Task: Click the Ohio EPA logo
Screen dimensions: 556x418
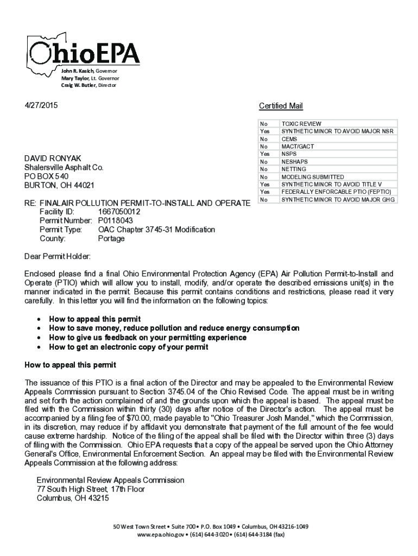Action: (x=85, y=53)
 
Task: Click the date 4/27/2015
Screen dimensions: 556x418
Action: (x=40, y=105)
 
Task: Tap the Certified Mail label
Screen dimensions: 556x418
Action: (x=281, y=106)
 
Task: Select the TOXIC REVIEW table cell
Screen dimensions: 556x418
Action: (x=301, y=124)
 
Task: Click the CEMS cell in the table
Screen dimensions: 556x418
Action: (x=289, y=139)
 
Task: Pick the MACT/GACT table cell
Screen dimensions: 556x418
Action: (x=297, y=147)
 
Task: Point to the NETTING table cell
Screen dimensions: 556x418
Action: (x=294, y=169)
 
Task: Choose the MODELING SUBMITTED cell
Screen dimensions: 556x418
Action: (x=312, y=177)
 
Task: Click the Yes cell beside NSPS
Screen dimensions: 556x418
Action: (x=264, y=154)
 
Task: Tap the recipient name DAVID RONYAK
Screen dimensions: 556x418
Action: (x=53, y=158)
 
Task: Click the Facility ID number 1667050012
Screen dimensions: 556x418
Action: (x=119, y=211)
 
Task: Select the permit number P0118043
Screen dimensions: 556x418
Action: (x=115, y=220)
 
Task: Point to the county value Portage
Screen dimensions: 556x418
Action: (x=111, y=238)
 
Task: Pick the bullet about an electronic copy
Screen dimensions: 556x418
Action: (x=129, y=346)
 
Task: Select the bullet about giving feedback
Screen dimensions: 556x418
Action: (x=148, y=337)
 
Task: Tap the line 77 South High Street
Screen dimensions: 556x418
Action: (x=91, y=489)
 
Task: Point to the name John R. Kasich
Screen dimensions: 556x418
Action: (x=77, y=71)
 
